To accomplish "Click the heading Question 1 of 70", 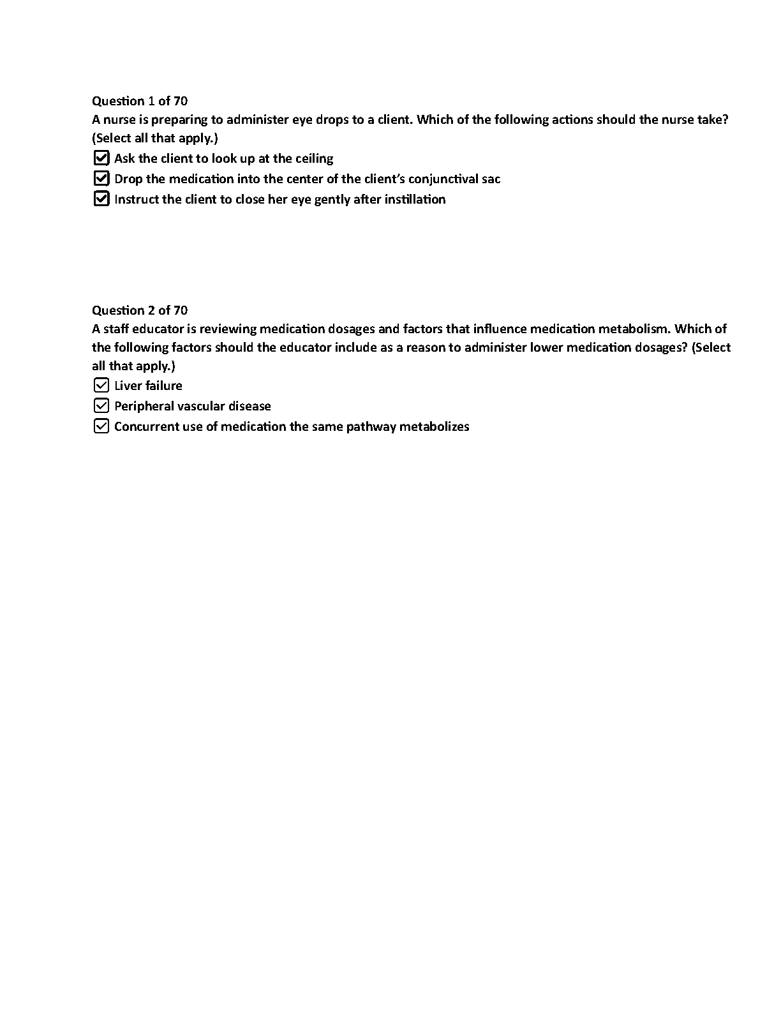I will click(140, 101).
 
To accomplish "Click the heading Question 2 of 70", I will click(140, 310).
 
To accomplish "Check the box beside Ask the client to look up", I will click(101, 158).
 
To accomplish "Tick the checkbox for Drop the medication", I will click(101, 179).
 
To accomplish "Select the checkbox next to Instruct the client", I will click(101, 199).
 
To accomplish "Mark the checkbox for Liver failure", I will click(101, 386).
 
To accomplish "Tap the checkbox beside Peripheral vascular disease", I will click(101, 406).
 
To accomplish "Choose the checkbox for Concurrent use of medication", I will click(101, 426).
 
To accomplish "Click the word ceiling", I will click(314, 158).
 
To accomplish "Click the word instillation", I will click(415, 199).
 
